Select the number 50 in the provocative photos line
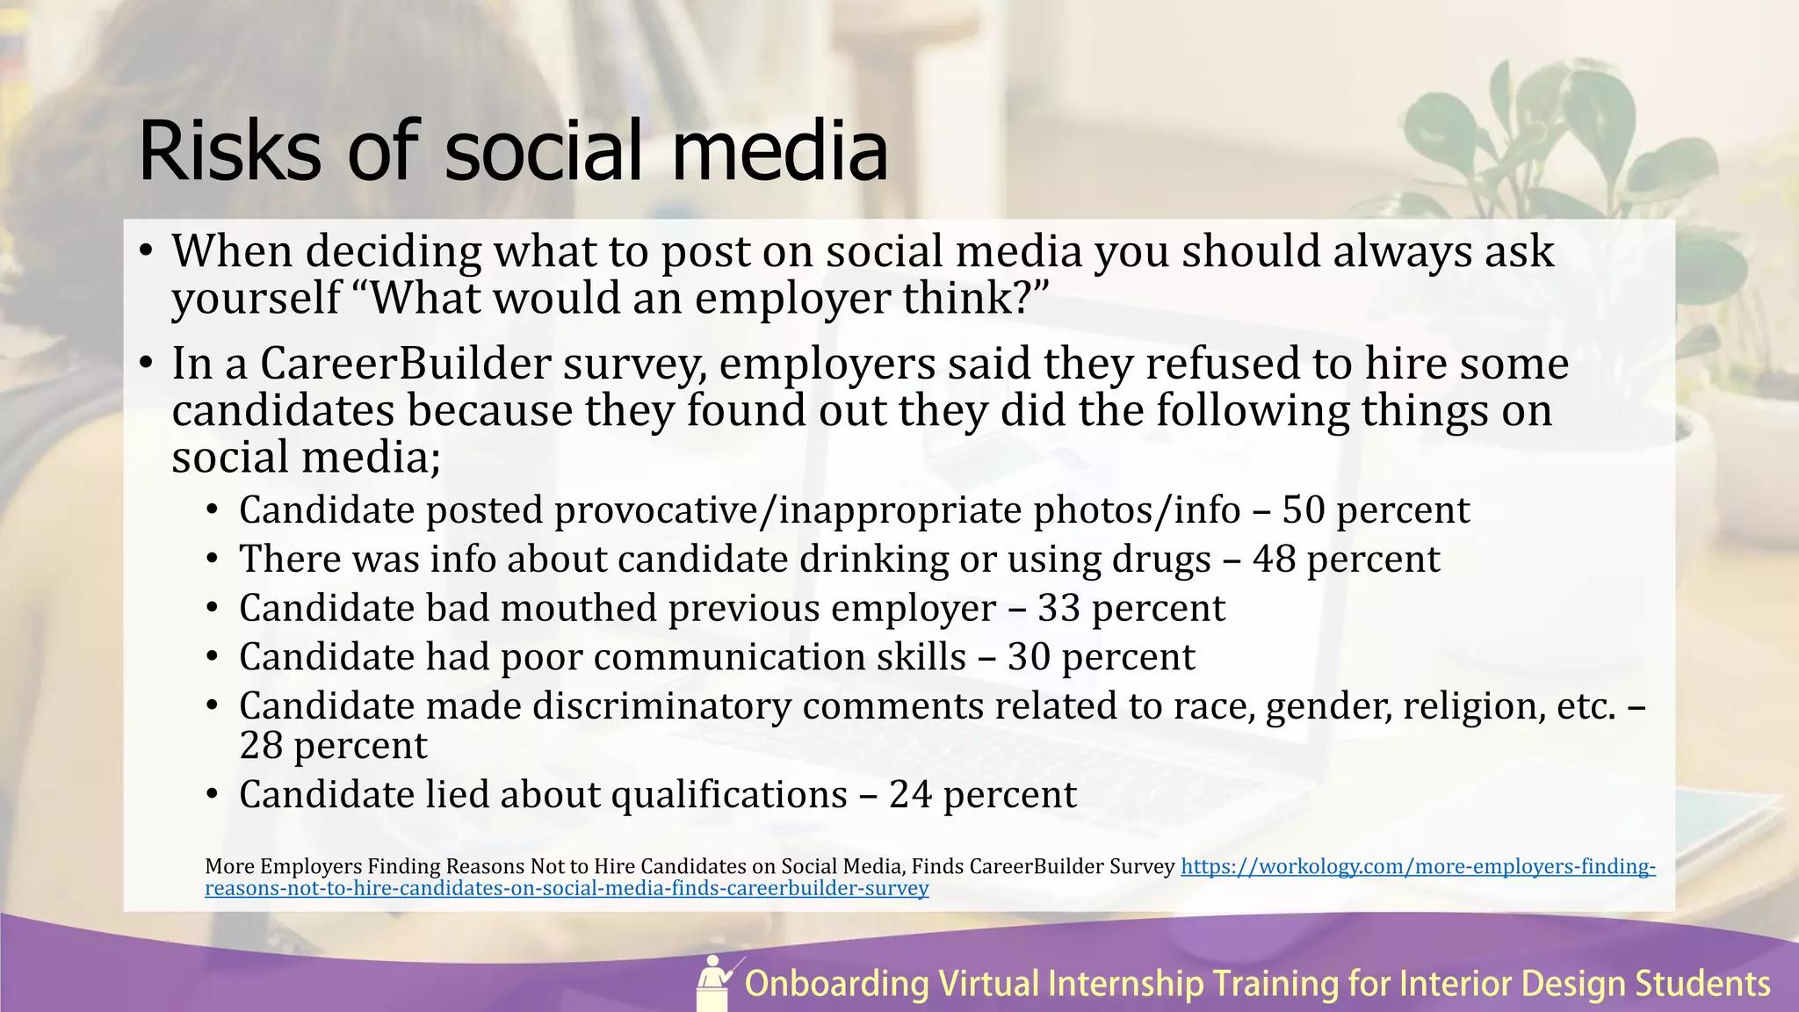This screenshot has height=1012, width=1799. (x=1303, y=510)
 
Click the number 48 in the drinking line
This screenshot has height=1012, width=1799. (x=1274, y=560)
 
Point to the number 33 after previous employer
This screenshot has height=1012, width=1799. (x=1058, y=609)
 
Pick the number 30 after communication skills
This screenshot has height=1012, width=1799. (x=1029, y=658)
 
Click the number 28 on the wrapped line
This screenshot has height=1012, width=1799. (x=261, y=746)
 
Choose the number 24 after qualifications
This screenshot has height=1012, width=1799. (x=910, y=795)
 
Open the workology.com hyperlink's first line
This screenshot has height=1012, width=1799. (x=1418, y=867)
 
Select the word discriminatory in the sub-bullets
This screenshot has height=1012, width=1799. (x=661, y=707)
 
